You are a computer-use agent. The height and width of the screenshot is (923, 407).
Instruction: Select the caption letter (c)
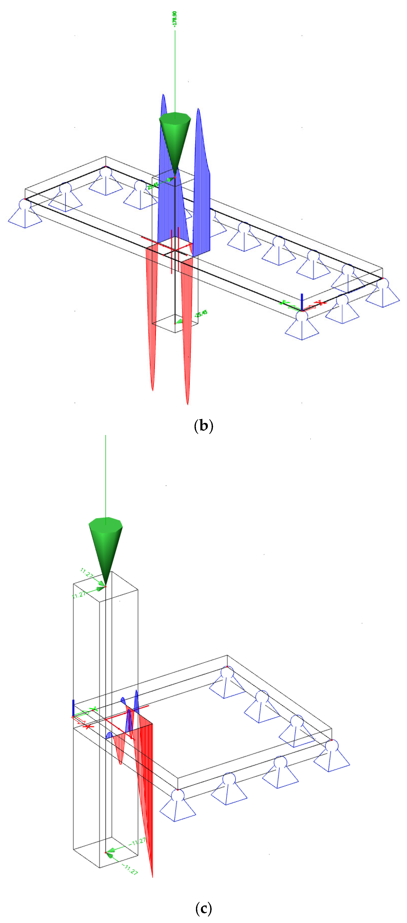[203, 908]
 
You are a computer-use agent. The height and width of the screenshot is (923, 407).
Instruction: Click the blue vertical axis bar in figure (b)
[302, 301]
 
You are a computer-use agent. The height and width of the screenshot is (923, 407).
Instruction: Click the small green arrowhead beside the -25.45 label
[179, 321]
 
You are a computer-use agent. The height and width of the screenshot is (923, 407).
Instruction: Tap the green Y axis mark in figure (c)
[94, 709]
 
